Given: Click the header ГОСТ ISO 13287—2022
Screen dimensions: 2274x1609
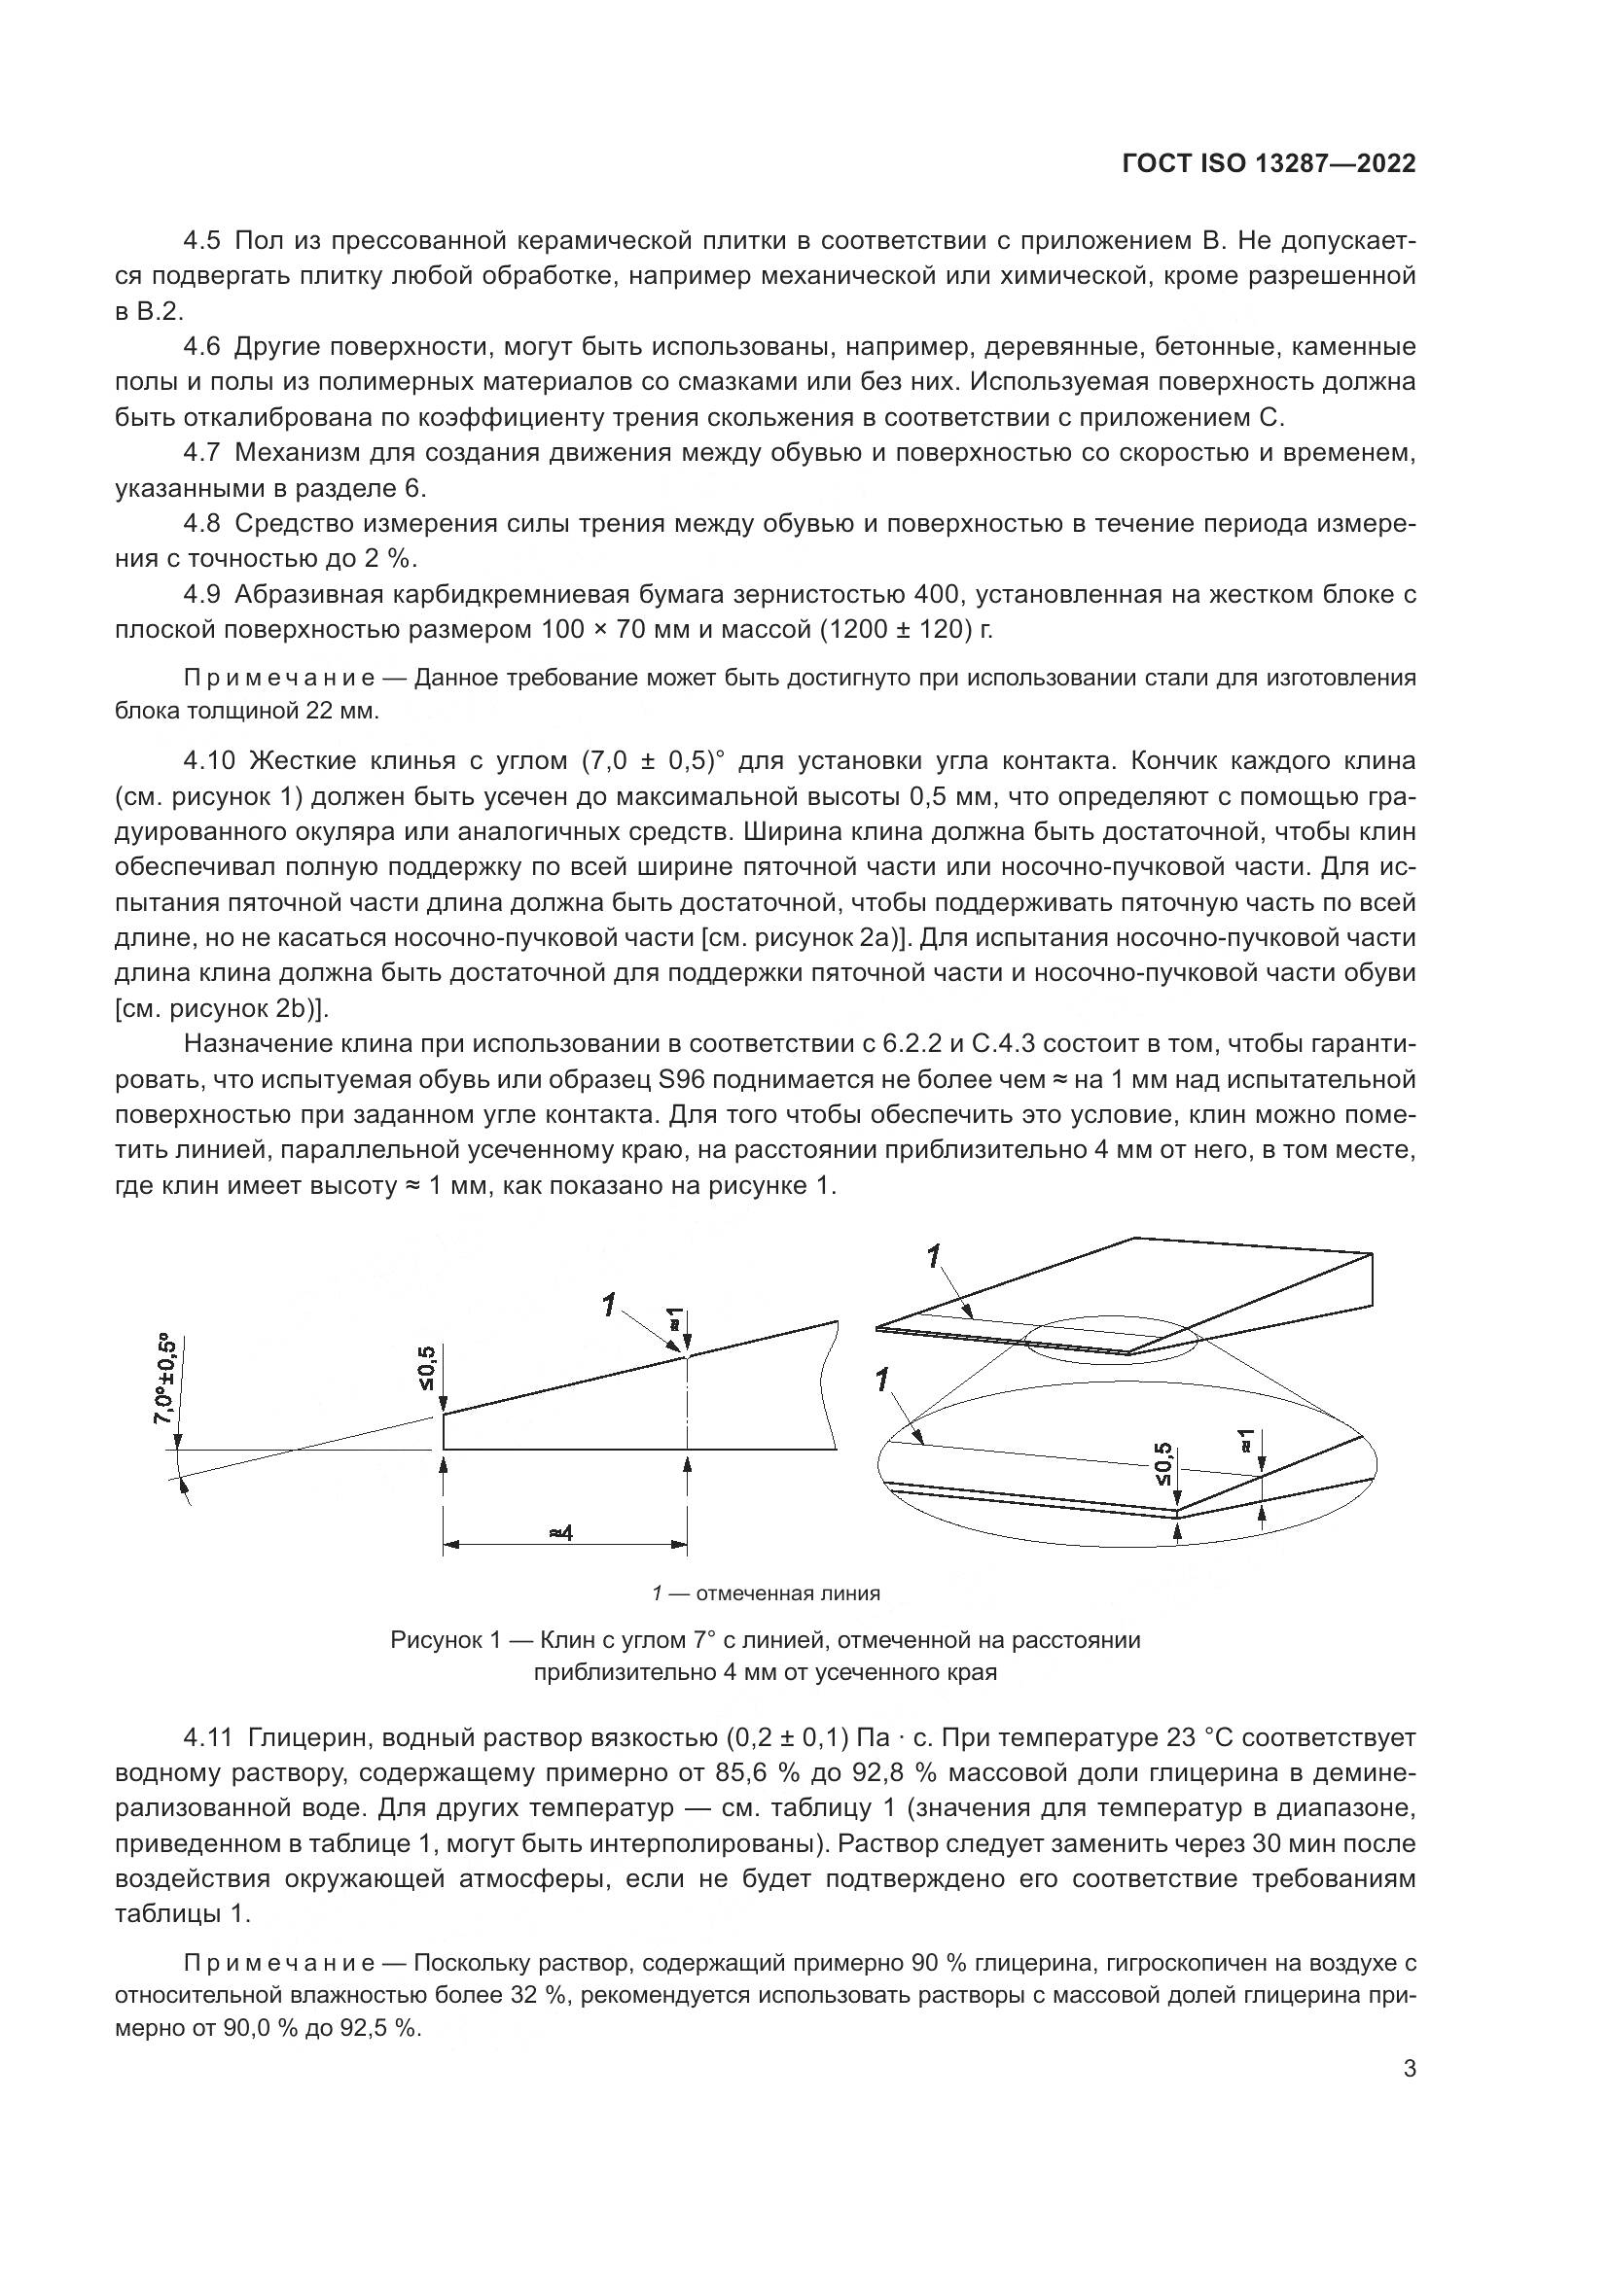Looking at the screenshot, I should click(1269, 163).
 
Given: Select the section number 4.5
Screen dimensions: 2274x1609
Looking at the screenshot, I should click(205, 241).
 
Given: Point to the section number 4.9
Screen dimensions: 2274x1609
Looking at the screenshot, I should click(205, 594).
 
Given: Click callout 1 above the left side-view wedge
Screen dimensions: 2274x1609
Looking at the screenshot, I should click(608, 1306).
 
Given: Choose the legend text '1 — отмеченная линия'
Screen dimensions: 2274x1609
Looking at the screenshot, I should click(766, 1593).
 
